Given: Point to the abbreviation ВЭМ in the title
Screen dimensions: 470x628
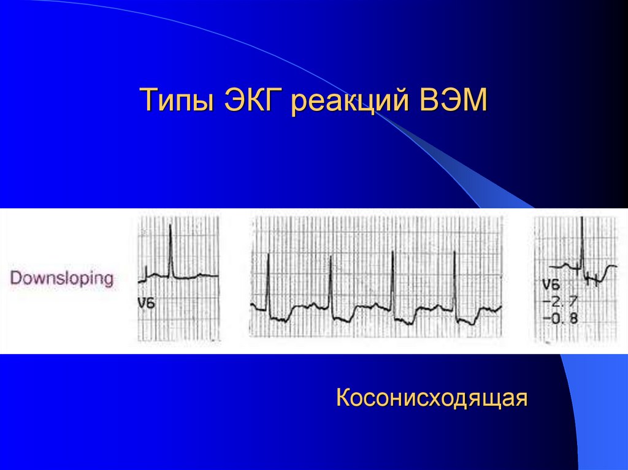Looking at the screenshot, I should click(454, 100).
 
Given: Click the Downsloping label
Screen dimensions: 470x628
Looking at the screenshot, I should click(62, 279).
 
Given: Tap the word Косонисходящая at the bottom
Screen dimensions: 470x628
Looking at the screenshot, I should click(432, 398).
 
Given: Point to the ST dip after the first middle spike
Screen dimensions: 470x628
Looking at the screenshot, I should click(281, 319).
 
